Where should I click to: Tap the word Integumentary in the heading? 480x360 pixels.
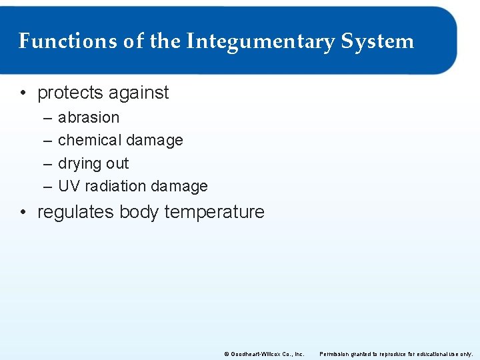[x=260, y=42]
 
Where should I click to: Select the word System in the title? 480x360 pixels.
[x=377, y=41]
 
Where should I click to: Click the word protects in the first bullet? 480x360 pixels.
[x=69, y=93]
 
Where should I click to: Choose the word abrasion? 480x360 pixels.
[x=89, y=117]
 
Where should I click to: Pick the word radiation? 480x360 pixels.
[x=114, y=186]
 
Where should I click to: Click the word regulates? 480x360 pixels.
[x=76, y=212]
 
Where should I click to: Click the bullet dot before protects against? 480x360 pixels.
[x=24, y=93]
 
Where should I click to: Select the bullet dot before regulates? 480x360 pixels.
[x=24, y=213]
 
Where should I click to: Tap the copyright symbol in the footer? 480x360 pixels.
[x=226, y=353]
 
